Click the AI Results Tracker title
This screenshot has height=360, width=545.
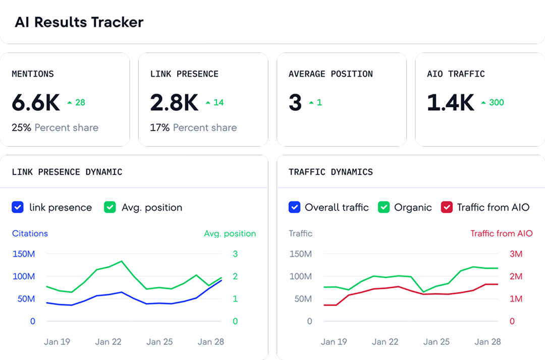(x=79, y=22)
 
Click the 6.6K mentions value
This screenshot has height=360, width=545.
(x=36, y=103)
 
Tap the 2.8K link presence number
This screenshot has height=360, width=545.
(x=174, y=103)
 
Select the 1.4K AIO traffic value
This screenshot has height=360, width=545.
(x=450, y=103)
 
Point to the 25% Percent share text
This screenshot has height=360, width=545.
(x=55, y=128)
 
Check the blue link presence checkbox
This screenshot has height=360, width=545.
(x=18, y=207)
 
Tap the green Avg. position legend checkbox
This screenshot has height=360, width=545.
(x=110, y=207)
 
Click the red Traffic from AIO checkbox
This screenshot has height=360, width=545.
(x=447, y=207)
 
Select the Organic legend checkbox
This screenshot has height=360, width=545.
(x=384, y=207)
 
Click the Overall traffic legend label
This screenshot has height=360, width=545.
(x=337, y=207)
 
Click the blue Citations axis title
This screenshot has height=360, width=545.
(x=30, y=233)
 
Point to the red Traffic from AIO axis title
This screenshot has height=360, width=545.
(x=501, y=233)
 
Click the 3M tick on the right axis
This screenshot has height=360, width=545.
(x=515, y=254)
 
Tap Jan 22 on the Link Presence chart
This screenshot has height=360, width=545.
(x=108, y=341)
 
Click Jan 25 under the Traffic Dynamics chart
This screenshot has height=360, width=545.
(x=436, y=341)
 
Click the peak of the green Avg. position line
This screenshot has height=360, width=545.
(x=121, y=261)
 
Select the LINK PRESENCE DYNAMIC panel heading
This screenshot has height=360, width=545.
(x=67, y=172)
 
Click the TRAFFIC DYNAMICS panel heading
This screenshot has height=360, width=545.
(x=331, y=172)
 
